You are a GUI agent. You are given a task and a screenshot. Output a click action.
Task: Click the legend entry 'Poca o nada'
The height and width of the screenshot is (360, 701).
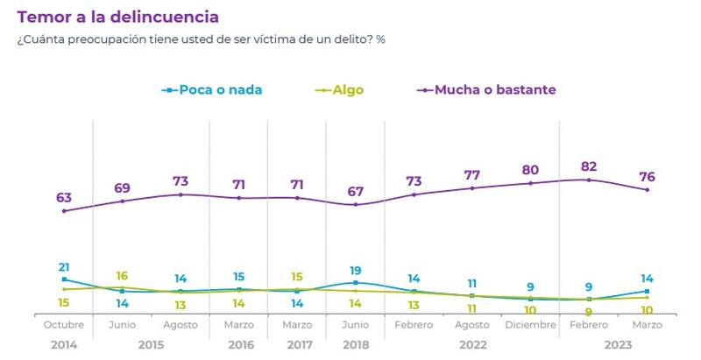(x=220, y=89)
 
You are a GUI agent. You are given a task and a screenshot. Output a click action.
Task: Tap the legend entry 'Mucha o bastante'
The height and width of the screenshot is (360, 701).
(x=495, y=89)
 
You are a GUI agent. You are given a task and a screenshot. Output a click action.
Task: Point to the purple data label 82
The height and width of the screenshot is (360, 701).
(x=589, y=166)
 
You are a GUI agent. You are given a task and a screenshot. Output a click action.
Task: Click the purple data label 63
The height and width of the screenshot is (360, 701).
(x=64, y=197)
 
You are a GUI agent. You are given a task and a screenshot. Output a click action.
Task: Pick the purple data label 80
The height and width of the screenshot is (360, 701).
(x=530, y=169)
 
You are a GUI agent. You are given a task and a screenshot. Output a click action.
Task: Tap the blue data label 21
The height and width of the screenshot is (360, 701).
(x=64, y=267)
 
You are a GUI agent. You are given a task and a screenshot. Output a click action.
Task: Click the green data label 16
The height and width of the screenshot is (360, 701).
(x=122, y=276)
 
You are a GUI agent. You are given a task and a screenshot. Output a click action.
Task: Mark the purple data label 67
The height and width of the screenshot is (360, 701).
(x=356, y=191)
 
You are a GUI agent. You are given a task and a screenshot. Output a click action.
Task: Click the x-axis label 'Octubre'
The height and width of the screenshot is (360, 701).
(x=64, y=324)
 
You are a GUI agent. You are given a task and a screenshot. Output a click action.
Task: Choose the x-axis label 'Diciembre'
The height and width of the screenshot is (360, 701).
(x=530, y=324)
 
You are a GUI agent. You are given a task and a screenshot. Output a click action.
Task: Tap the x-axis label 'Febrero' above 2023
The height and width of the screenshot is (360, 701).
(x=589, y=324)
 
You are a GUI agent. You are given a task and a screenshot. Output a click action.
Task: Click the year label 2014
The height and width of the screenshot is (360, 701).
(x=64, y=345)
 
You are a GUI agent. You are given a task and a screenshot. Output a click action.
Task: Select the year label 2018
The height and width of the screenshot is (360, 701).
(x=356, y=345)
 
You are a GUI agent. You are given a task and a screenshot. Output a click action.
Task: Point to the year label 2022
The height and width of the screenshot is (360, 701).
(x=471, y=345)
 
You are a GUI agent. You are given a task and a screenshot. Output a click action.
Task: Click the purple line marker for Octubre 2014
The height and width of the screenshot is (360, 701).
(x=64, y=210)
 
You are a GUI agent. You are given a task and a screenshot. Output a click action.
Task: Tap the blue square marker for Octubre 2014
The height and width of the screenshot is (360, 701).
(x=64, y=279)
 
